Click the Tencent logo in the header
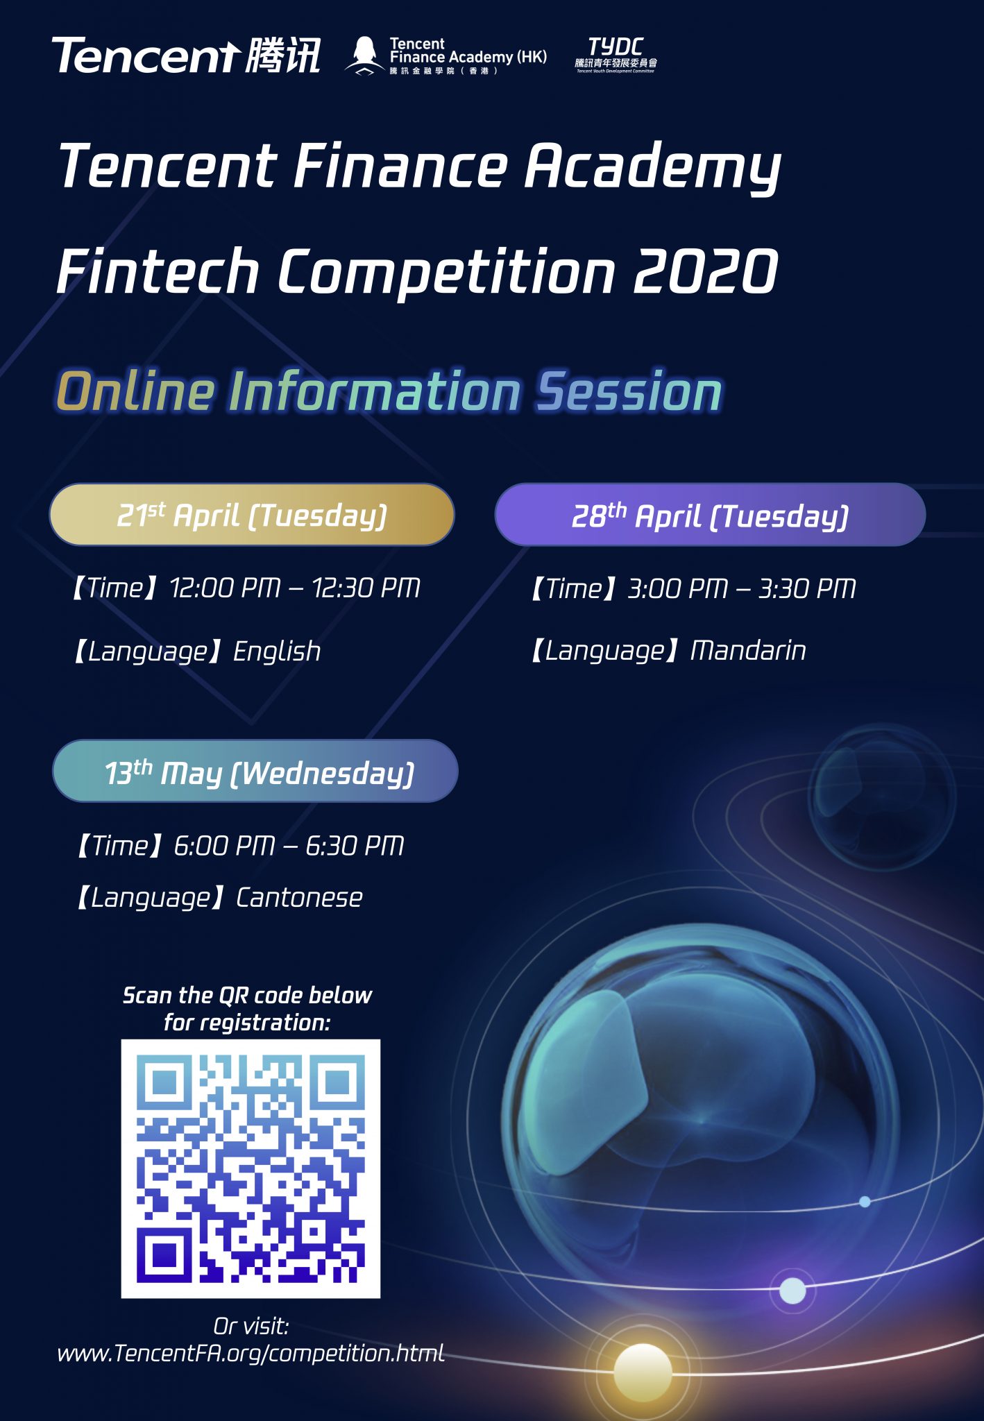point(186,56)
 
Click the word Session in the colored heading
point(629,392)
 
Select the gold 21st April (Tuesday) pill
point(252,515)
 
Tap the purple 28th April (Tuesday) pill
point(710,515)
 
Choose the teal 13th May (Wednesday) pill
point(255,772)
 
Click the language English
point(277,652)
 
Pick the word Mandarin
point(748,651)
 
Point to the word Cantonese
point(299,898)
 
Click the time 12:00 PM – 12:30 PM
point(295,588)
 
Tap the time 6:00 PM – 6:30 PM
point(289,846)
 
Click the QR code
point(251,1169)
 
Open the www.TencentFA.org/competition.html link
point(251,1353)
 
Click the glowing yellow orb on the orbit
point(643,1372)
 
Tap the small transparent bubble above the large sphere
point(882,797)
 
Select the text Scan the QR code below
point(247,996)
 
